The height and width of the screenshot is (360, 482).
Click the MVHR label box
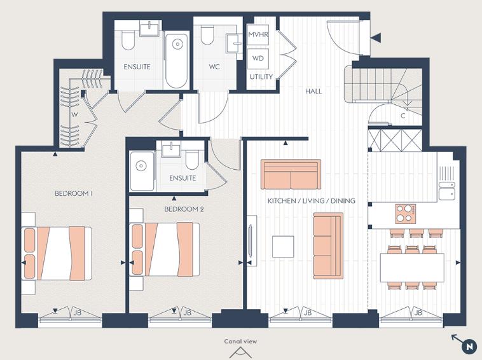click(x=258, y=34)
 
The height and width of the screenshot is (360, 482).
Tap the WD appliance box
click(x=258, y=57)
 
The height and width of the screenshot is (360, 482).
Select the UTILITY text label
click(x=261, y=77)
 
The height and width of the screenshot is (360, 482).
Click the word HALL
click(x=313, y=91)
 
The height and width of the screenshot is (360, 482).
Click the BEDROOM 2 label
click(x=184, y=209)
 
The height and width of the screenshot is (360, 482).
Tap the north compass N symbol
click(x=469, y=347)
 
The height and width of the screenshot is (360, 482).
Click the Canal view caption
click(x=241, y=342)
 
